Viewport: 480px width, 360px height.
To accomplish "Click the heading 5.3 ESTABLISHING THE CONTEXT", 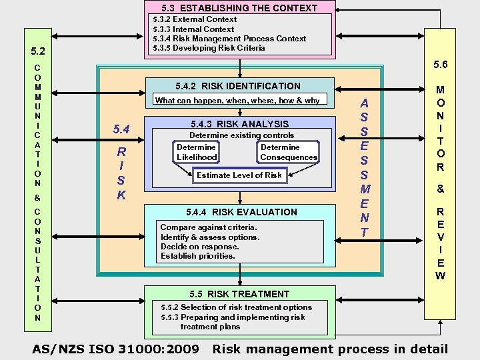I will [x=239, y=8].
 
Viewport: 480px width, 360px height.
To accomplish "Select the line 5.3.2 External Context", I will [x=195, y=19].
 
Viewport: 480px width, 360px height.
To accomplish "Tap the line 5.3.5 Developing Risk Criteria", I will [x=209, y=48].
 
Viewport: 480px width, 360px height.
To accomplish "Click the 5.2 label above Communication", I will [x=39, y=51].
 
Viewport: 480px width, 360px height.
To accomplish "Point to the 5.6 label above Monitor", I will [x=441, y=65].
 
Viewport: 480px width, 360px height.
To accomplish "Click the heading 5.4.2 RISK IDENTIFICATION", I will [x=238, y=86].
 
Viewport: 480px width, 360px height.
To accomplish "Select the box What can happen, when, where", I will [x=237, y=101].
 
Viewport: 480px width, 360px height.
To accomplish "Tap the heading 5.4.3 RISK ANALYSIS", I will [x=239, y=124].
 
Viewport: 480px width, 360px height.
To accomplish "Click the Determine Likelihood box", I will [x=197, y=152].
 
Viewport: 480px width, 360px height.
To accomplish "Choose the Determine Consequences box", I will [x=289, y=152].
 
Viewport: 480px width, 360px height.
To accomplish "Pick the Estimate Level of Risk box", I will [x=239, y=175].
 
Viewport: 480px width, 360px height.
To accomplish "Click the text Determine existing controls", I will [x=241, y=135].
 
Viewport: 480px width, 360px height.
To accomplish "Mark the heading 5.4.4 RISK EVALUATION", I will [x=241, y=212].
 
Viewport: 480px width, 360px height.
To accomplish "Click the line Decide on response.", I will [x=199, y=246].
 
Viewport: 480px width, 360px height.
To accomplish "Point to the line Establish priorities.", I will [x=198, y=255].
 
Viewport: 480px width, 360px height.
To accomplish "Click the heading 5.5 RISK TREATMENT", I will [x=239, y=294].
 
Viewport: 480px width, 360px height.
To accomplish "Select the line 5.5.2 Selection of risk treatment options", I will [x=237, y=307].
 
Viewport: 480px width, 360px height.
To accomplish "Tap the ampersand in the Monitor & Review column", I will [x=440, y=189].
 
